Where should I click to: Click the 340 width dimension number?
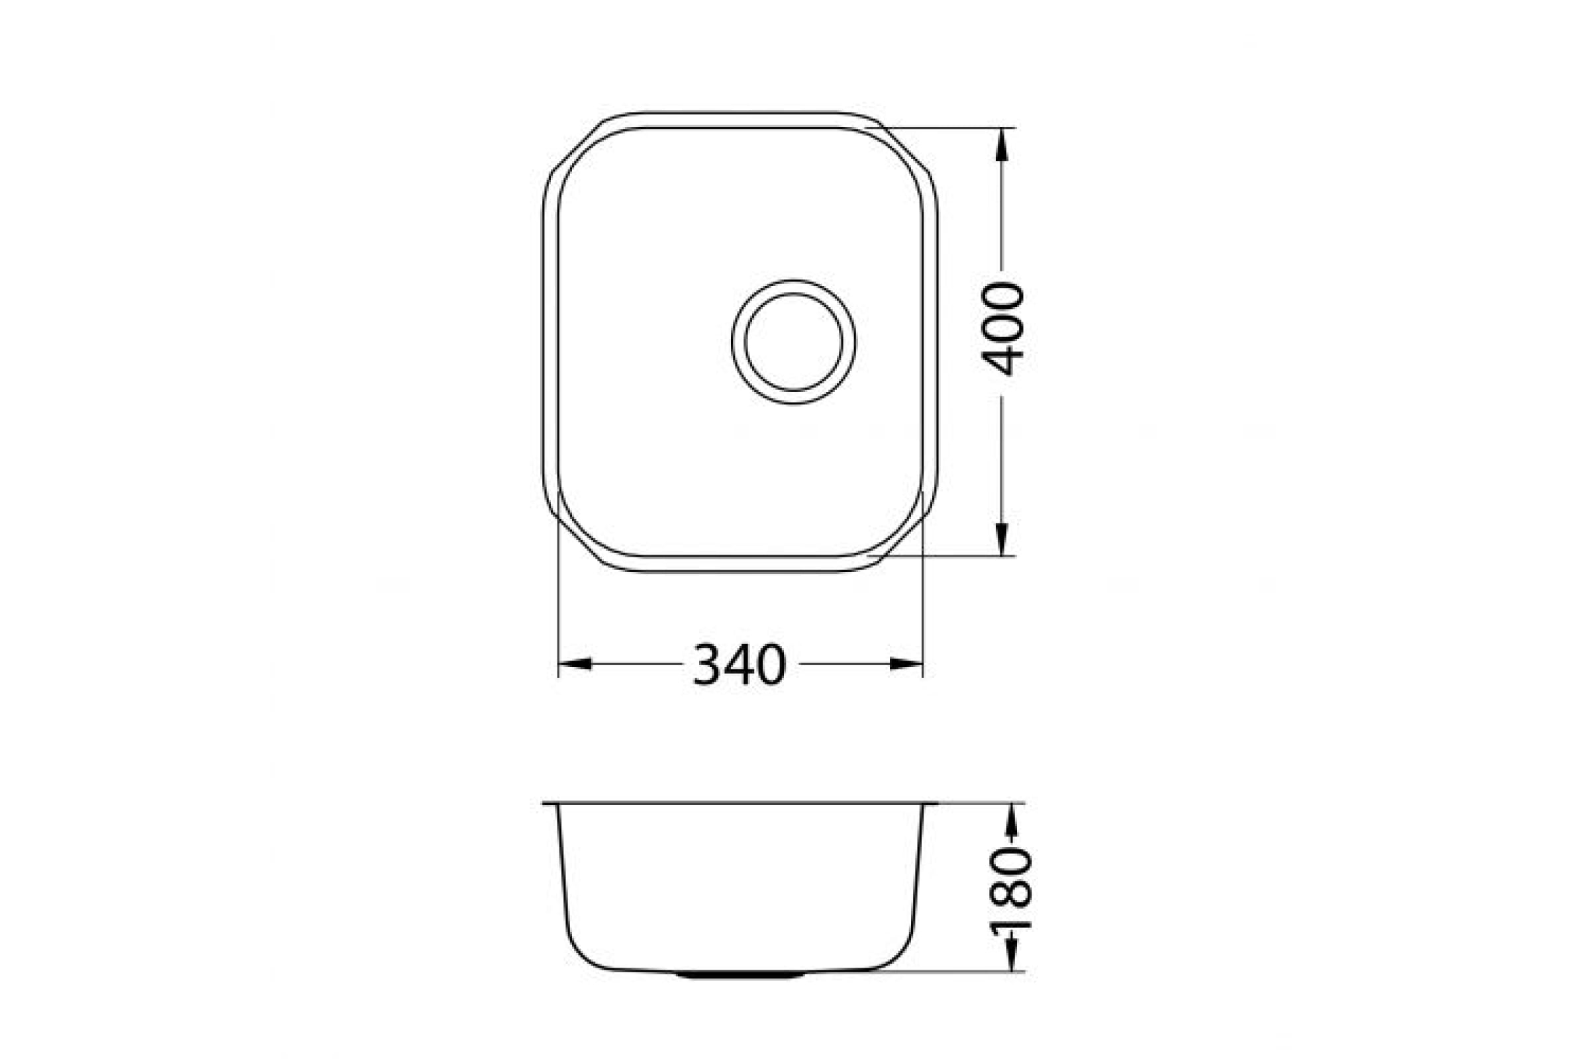(740, 665)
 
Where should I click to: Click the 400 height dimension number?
(1002, 329)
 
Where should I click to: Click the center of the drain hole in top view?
(793, 342)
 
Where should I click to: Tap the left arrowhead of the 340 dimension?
(575, 665)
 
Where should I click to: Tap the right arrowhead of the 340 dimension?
(906, 665)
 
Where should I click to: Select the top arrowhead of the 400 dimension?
(1002, 144)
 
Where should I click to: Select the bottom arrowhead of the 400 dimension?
(1002, 539)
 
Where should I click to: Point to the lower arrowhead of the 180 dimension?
(1012, 954)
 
